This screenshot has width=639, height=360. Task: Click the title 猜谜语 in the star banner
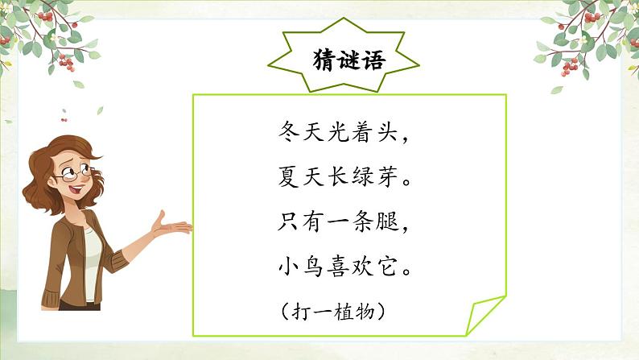point(348,61)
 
